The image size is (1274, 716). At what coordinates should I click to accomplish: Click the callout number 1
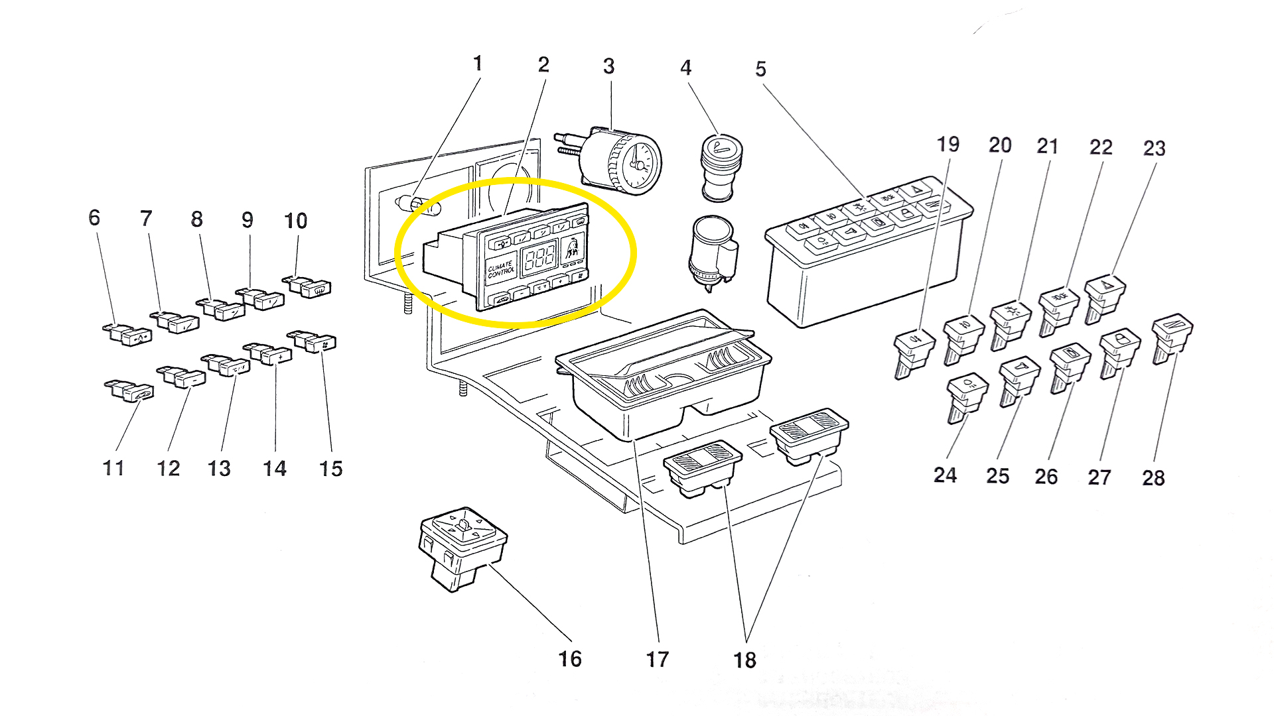tap(477, 64)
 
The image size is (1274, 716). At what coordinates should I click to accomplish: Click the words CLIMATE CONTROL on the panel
tap(501, 268)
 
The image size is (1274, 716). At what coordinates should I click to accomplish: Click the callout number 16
tap(569, 658)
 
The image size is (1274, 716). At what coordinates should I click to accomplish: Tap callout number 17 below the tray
tap(658, 659)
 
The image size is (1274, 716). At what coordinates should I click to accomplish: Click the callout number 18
tap(744, 660)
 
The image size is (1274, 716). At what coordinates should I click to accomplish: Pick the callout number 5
tap(760, 69)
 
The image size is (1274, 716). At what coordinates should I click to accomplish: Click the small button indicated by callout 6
tap(128, 334)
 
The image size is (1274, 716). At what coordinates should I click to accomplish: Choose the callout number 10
tap(295, 221)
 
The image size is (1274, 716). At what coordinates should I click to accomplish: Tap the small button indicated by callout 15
tap(313, 341)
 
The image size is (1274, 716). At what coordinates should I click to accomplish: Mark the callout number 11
tap(113, 468)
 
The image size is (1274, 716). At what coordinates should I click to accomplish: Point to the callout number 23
tap(1154, 148)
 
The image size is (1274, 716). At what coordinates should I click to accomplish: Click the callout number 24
tap(945, 475)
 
